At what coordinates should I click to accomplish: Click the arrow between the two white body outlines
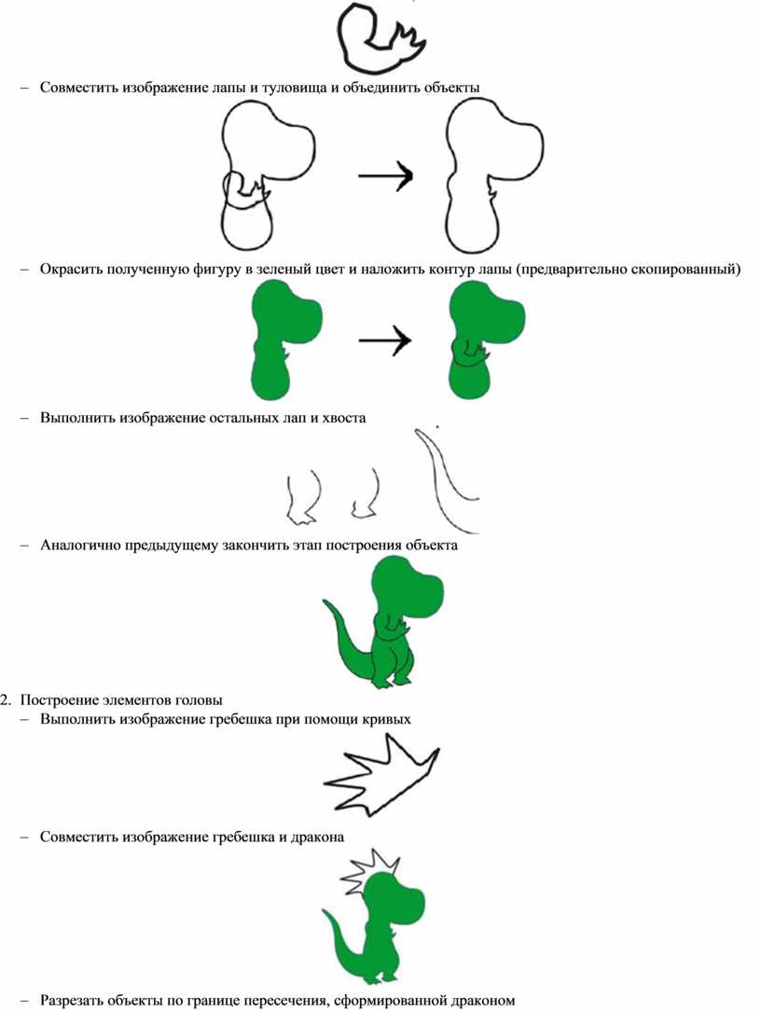coord(385,174)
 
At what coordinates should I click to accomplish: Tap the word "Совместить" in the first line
coord(78,87)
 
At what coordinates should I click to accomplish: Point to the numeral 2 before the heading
coord(6,699)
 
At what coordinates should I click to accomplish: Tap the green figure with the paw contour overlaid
coord(486,341)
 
